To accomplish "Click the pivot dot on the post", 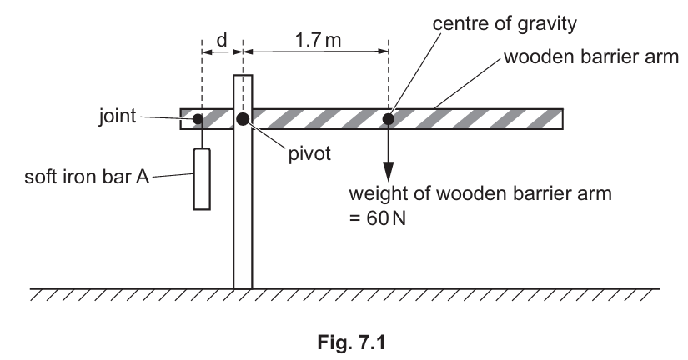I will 242,119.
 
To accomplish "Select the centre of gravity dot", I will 388,119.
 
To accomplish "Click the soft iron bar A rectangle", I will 201,178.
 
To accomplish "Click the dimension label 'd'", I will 222,39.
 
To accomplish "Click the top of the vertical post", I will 242,77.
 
